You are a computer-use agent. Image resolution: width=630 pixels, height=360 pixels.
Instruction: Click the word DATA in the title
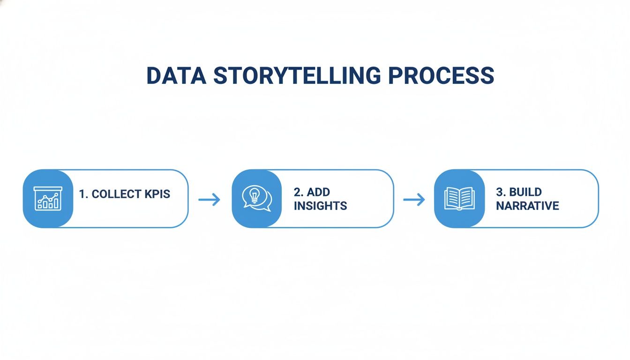point(175,75)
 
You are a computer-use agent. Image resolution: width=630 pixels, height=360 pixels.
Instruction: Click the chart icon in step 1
point(47,198)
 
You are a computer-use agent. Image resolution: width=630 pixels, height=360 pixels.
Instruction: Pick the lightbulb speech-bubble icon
point(256,199)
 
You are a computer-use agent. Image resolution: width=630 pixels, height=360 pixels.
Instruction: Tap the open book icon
point(459,199)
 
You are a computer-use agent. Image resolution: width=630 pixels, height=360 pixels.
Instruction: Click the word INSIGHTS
point(320,206)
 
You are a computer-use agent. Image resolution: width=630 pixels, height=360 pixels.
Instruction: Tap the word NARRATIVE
point(527,206)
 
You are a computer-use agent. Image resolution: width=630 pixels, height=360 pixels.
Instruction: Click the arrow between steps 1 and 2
point(209,200)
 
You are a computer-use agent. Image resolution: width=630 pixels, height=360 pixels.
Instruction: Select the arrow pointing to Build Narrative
point(414,200)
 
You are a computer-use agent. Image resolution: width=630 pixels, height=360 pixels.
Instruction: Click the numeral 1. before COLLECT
point(84,194)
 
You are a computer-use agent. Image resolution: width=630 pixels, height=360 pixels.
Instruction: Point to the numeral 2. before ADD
point(299,192)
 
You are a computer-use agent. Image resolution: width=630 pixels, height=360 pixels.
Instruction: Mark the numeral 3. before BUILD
point(501,192)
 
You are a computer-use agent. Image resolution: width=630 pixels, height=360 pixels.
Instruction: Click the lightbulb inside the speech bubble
point(255,195)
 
